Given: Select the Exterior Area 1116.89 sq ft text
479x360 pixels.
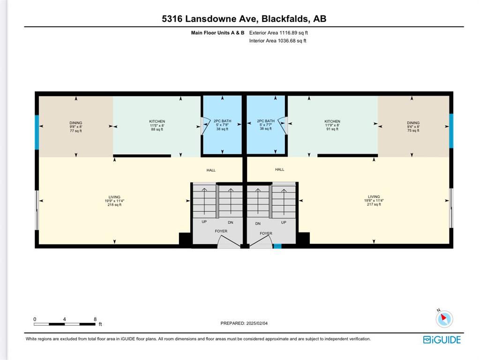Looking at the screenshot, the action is click(278, 33).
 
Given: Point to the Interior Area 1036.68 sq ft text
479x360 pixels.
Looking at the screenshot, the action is click(277, 41).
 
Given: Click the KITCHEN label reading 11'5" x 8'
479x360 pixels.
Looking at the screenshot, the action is click(157, 125).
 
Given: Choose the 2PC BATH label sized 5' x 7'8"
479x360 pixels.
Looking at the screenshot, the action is click(222, 125).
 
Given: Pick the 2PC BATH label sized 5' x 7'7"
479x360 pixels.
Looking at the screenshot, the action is click(266, 125).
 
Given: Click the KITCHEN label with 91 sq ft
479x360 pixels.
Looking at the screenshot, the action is click(332, 125).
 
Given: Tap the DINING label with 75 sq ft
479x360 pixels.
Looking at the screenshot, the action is click(413, 127).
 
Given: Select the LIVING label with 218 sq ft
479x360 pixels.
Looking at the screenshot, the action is click(114, 201).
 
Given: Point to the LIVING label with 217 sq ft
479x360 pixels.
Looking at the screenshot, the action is click(374, 201).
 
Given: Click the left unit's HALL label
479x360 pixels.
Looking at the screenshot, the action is click(211, 170).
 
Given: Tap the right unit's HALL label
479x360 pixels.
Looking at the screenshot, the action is click(279, 169).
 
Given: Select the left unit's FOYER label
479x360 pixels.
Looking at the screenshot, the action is click(221, 231).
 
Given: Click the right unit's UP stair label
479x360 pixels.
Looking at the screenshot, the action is click(284, 223).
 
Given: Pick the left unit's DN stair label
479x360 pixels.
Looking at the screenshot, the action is click(231, 223).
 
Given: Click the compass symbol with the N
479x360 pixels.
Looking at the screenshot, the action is click(444, 318).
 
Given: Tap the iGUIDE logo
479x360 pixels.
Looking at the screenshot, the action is click(442, 340).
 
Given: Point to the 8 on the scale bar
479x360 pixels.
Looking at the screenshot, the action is click(95, 319).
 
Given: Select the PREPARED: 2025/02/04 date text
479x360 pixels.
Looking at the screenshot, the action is click(244, 323).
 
